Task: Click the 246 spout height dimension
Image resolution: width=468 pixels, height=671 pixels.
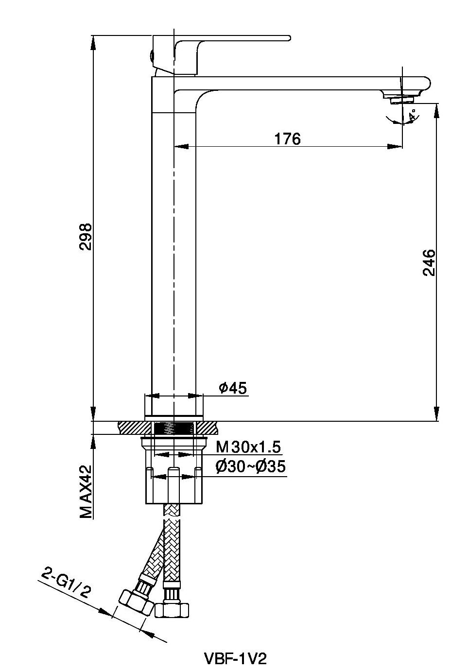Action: [x=429, y=262]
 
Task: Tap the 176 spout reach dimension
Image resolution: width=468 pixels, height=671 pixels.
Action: [x=287, y=138]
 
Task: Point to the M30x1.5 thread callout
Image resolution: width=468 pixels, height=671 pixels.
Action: [x=248, y=447]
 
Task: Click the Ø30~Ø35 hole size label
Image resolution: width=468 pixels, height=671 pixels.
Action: [x=250, y=466]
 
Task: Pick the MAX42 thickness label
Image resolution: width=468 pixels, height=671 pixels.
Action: [x=86, y=492]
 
